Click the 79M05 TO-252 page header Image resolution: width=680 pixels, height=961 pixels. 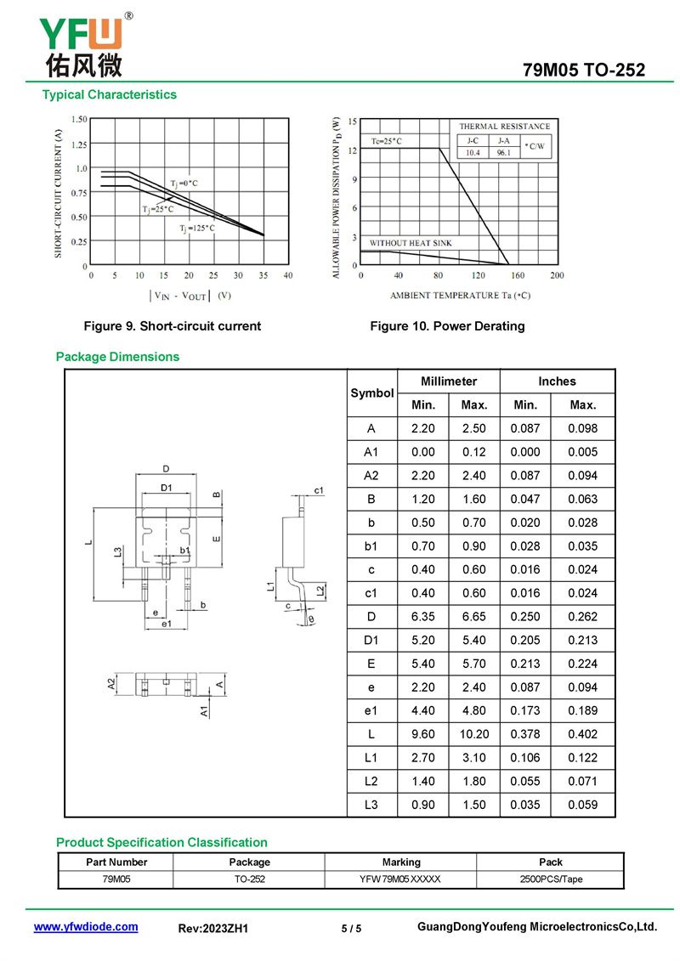click(584, 71)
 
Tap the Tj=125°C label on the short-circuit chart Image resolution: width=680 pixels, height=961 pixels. click(196, 228)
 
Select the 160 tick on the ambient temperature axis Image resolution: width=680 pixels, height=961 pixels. click(518, 275)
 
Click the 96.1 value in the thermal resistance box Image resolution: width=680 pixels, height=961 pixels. click(503, 153)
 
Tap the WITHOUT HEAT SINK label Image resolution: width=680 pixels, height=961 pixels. click(411, 244)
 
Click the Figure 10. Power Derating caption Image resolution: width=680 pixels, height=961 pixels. click(447, 326)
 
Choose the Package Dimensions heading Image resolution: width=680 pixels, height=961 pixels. click(117, 357)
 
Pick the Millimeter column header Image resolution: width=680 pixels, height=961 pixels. click(449, 382)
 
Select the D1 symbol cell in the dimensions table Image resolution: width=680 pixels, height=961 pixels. click(371, 640)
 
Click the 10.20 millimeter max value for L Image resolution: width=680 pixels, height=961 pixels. click(474, 734)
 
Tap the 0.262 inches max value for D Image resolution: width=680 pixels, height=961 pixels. click(582, 616)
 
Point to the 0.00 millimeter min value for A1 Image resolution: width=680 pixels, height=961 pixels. click(422, 452)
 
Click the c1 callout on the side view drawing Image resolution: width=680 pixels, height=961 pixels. click(319, 490)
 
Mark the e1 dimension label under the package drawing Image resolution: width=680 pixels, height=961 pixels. click(167, 625)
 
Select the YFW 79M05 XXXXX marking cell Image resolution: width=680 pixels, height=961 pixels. click(400, 879)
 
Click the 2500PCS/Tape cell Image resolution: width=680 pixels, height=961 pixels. click(551, 879)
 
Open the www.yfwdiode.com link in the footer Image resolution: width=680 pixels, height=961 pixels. click(86, 927)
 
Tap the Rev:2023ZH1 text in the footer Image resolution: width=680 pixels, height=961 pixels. click(213, 929)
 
